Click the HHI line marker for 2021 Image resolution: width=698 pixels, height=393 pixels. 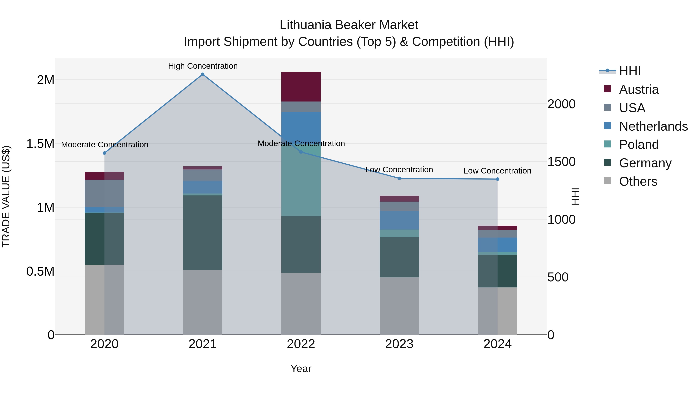(203, 74)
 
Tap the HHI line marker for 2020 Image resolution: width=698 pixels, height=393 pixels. (104, 153)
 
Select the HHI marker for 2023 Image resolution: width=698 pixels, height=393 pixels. (399, 178)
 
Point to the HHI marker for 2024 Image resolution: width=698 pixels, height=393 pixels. (498, 179)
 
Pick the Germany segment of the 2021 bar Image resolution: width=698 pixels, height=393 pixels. (203, 233)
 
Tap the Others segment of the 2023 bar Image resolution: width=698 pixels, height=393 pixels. (399, 306)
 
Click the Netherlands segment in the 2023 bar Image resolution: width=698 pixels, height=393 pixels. (399, 220)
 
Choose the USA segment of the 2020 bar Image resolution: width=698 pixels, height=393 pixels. (104, 193)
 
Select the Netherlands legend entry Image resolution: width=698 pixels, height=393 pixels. (653, 126)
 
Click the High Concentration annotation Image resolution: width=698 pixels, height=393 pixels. (203, 66)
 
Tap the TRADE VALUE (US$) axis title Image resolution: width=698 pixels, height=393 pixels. (6, 196)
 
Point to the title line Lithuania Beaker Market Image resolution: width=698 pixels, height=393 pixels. (349, 25)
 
